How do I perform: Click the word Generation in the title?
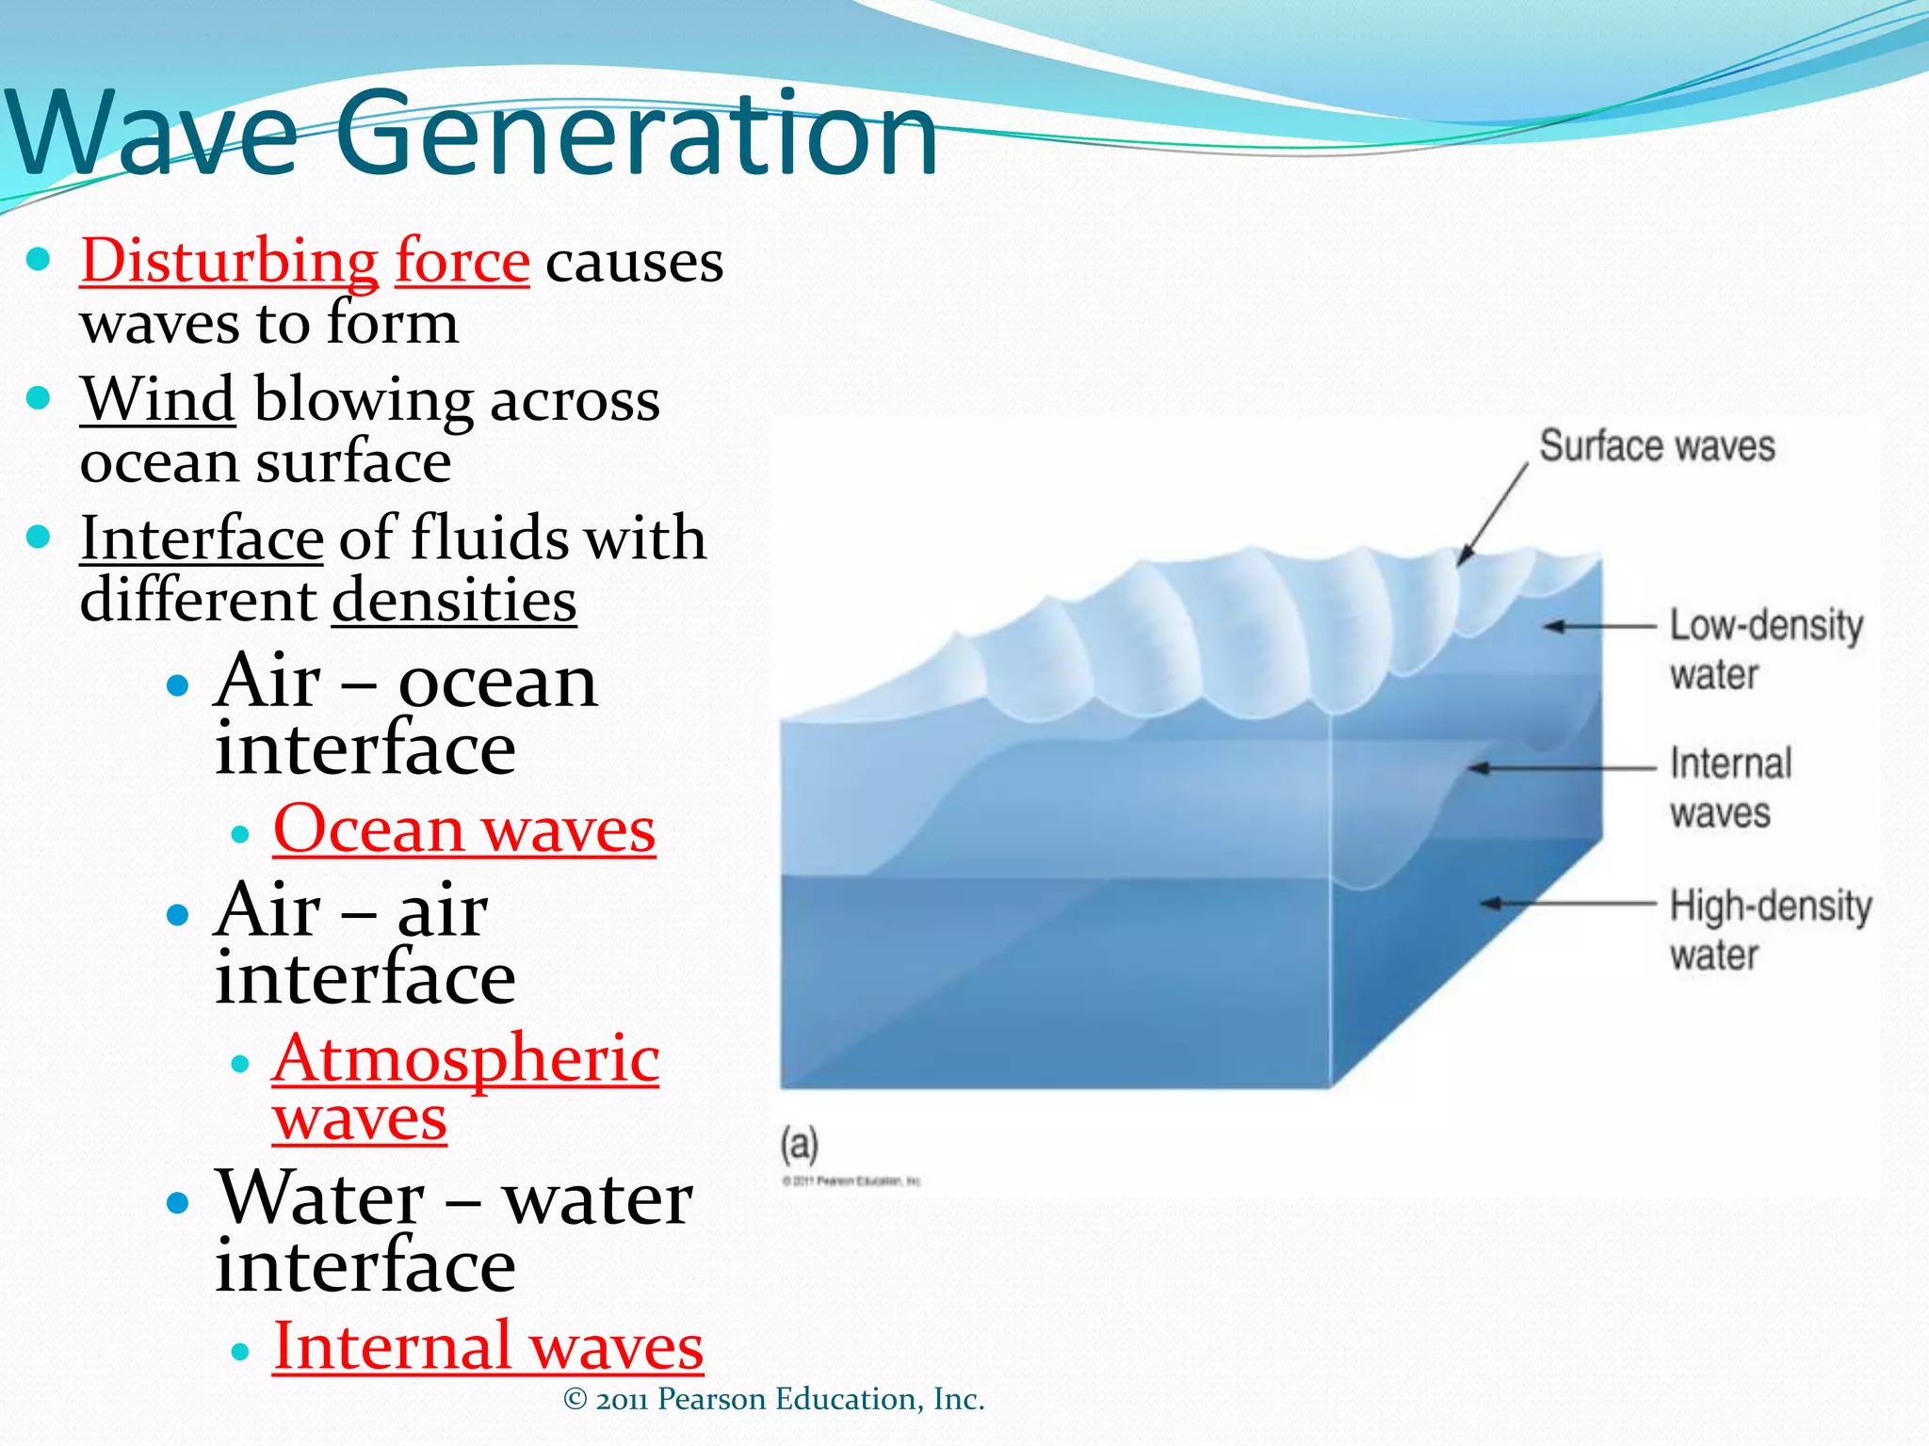coord(637,135)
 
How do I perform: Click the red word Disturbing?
coord(229,262)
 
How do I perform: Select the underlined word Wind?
coord(157,400)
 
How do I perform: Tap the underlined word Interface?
coord(202,539)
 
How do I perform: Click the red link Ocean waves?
coord(463,831)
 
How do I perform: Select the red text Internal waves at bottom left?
coord(488,1347)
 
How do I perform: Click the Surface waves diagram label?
coord(1657,446)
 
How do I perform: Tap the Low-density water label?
coord(1765,650)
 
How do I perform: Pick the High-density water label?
coord(1769,930)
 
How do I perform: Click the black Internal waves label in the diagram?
coord(1729,788)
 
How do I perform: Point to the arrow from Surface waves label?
coord(1493,514)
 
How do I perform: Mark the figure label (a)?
coord(799,1145)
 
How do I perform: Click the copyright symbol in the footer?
coord(575,1400)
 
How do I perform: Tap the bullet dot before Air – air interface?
coord(177,914)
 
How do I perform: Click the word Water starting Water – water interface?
coord(320,1199)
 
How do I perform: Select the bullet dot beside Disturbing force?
coord(38,260)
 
